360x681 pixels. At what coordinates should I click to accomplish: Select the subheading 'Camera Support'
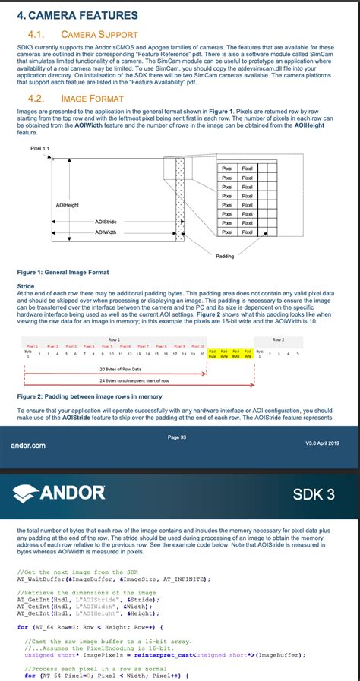99,34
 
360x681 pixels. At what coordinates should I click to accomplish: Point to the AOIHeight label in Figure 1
67,205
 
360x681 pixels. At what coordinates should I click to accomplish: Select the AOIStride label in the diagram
106,221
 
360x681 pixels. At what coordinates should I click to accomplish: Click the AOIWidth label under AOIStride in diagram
106,232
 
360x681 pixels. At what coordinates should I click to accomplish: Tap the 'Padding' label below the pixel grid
226,256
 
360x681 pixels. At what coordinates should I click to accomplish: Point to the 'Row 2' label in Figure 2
278,339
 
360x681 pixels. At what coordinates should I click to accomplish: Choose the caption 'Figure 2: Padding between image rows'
90,396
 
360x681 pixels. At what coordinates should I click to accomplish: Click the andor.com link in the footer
29,445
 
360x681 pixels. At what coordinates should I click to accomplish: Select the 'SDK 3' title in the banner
313,495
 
